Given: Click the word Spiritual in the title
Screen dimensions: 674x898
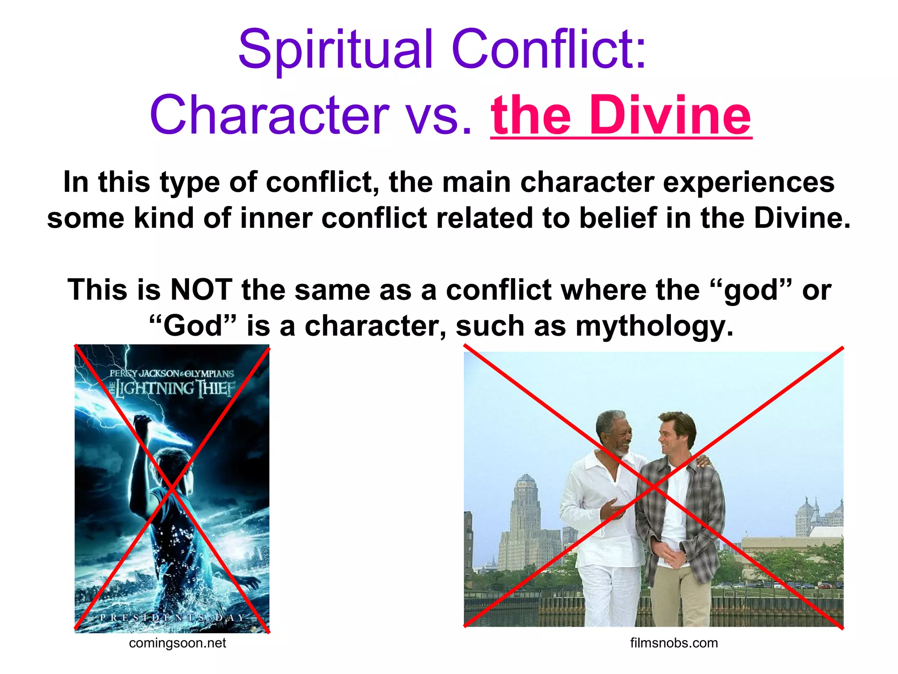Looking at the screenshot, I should (x=335, y=49).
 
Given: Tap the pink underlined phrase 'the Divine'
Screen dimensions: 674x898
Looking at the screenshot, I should (x=621, y=115).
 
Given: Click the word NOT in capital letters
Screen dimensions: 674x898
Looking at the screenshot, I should (x=201, y=290).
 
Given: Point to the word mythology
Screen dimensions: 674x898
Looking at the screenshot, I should (x=654, y=326).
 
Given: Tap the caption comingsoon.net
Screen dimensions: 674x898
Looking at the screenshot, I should (x=178, y=643).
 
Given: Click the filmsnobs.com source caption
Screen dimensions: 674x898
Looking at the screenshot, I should (x=674, y=643).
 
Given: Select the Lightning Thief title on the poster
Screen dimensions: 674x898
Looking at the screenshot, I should (x=174, y=388).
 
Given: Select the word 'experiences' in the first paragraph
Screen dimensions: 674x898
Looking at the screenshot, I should (x=748, y=183).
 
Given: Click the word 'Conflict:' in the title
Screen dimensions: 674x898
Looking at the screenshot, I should (x=549, y=49).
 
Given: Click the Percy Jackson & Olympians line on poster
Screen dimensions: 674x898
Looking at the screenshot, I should (x=172, y=373).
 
